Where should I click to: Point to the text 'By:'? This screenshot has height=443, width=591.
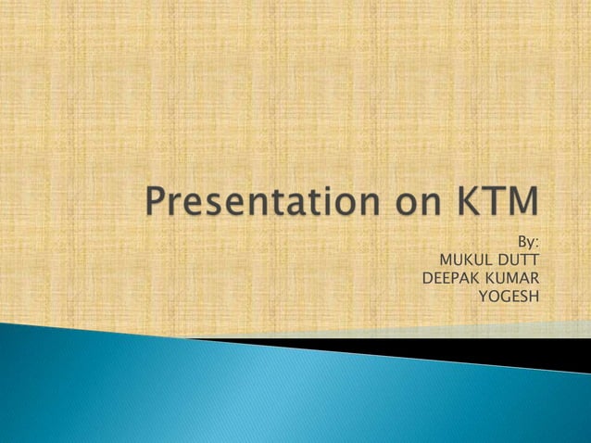tap(527, 242)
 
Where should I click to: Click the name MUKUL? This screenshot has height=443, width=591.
tap(468, 259)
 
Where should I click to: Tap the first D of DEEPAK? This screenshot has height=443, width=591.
tap(427, 277)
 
